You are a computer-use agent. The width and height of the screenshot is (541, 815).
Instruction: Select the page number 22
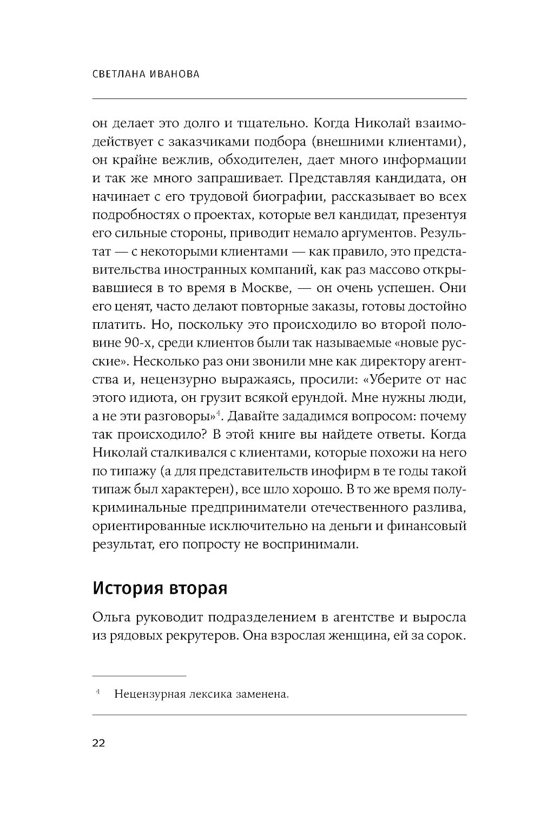[99, 743]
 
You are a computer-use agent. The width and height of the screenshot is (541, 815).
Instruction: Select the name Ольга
[115, 618]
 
